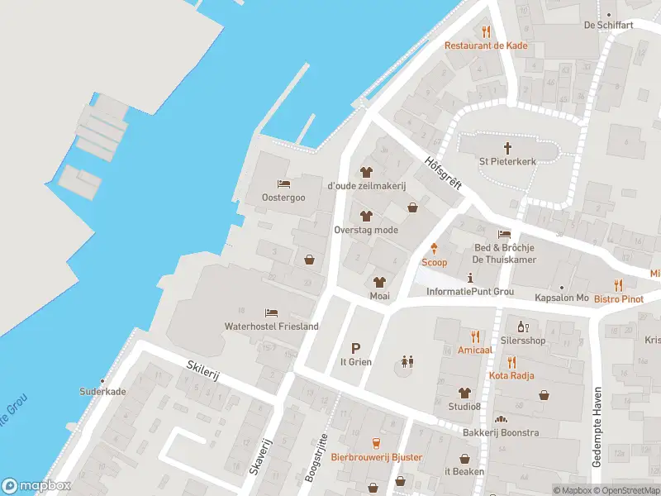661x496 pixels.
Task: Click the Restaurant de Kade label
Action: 486,45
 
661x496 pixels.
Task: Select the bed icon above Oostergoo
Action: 283,184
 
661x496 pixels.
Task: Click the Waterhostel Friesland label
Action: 271,327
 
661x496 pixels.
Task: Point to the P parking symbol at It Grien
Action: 356,348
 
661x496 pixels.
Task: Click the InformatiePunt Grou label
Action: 470,292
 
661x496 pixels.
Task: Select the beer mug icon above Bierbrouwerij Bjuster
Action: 376,443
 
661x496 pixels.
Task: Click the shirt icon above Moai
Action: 379,282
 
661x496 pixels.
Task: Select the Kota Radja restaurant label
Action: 511,375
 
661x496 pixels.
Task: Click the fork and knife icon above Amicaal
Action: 475,336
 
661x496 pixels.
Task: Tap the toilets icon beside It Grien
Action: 406,361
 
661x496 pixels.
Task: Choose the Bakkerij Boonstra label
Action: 501,433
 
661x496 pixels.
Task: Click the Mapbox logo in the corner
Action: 36,486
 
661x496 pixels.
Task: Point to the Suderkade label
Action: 102,392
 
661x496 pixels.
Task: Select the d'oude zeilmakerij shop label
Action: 367,186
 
